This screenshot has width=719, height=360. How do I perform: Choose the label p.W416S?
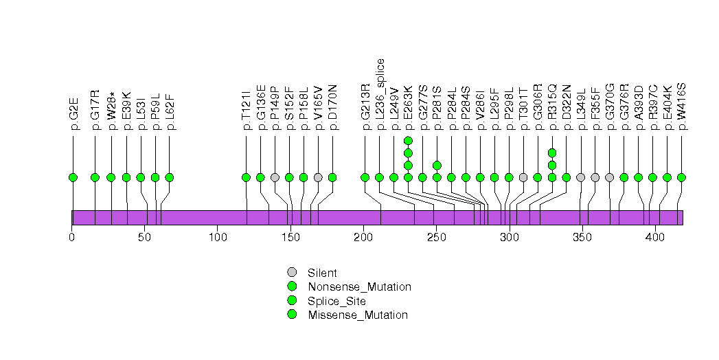682,106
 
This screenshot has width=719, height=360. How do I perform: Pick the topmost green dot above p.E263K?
408,141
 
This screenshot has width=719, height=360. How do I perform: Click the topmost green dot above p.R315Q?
552,153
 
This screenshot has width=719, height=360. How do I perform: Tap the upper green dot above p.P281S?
437,165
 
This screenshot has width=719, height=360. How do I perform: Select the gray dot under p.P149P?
275,177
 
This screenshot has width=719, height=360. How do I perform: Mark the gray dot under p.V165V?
318,177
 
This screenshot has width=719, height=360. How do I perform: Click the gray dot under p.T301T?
523,177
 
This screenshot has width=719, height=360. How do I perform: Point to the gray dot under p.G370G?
610,177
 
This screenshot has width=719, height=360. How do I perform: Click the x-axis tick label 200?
363,238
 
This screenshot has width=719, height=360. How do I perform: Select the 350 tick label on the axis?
582,238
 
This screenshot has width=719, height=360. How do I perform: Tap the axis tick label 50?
144,238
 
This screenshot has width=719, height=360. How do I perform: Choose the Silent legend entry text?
323,273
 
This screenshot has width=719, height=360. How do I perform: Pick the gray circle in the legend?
292,273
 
